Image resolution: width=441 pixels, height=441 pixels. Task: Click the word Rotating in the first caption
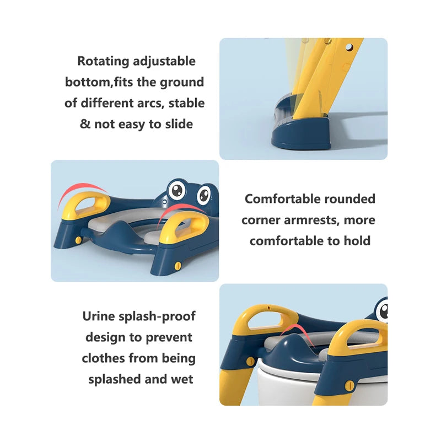pos(103,61)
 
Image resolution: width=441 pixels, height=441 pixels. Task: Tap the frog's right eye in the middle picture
pos(203,194)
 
